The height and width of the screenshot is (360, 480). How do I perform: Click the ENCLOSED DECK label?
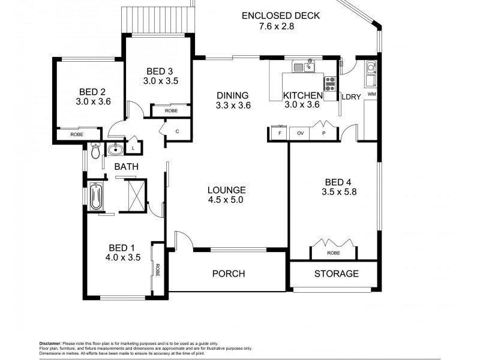click(281, 16)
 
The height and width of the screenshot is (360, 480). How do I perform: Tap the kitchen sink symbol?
click(308, 65)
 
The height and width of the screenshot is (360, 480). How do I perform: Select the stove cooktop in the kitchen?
click(330, 83)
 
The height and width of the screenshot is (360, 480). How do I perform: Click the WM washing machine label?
click(371, 94)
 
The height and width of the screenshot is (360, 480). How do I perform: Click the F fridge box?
click(279, 133)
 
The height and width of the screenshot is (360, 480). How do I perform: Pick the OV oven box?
click(299, 133)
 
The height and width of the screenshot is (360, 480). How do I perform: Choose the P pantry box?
click(324, 133)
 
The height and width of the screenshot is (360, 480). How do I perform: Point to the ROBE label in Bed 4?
click(334, 253)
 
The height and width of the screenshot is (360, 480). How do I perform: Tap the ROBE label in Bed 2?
click(77, 134)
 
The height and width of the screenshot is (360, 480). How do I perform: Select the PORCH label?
click(229, 274)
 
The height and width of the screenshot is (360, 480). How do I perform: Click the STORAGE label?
click(336, 274)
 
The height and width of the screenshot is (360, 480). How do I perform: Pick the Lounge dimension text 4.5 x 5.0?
click(226, 200)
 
